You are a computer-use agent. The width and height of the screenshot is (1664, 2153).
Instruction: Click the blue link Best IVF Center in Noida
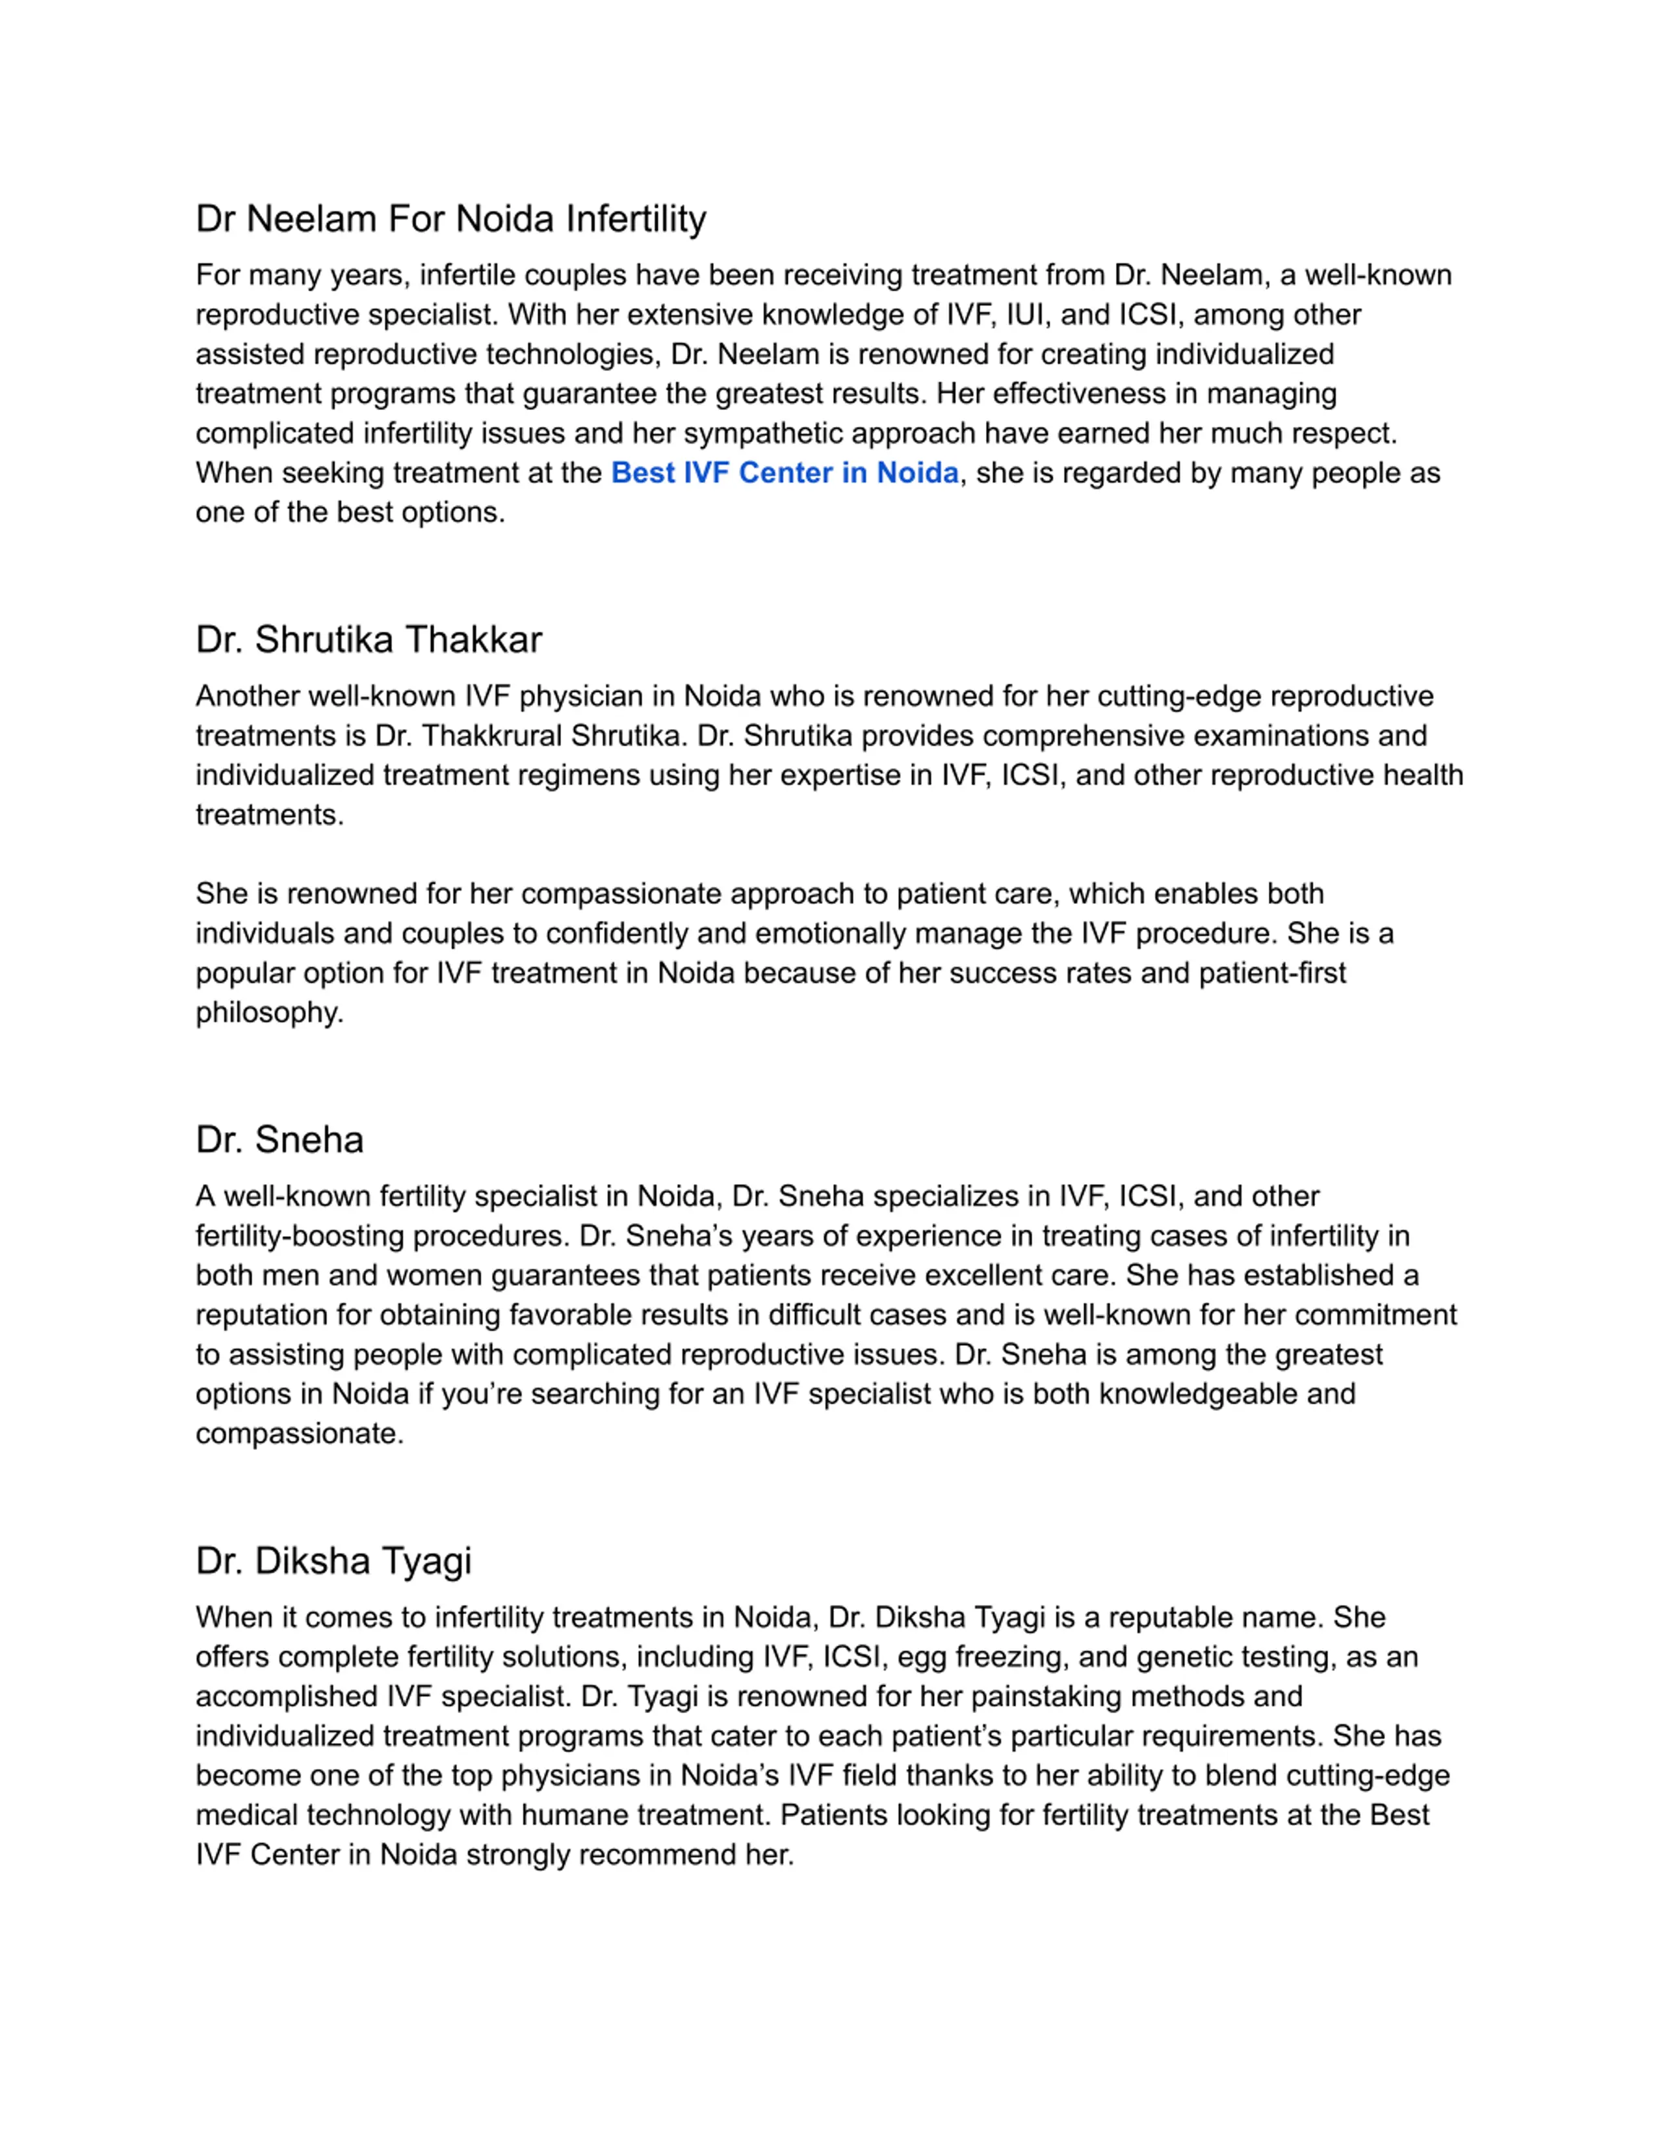[785, 473]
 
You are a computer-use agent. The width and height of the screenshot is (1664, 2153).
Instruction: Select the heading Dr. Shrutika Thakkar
[369, 639]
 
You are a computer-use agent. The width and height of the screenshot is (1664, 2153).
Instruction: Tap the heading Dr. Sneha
[279, 1140]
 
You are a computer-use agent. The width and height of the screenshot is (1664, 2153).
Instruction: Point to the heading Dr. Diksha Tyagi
[333, 1560]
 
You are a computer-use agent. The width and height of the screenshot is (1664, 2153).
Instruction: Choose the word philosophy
[268, 1013]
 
